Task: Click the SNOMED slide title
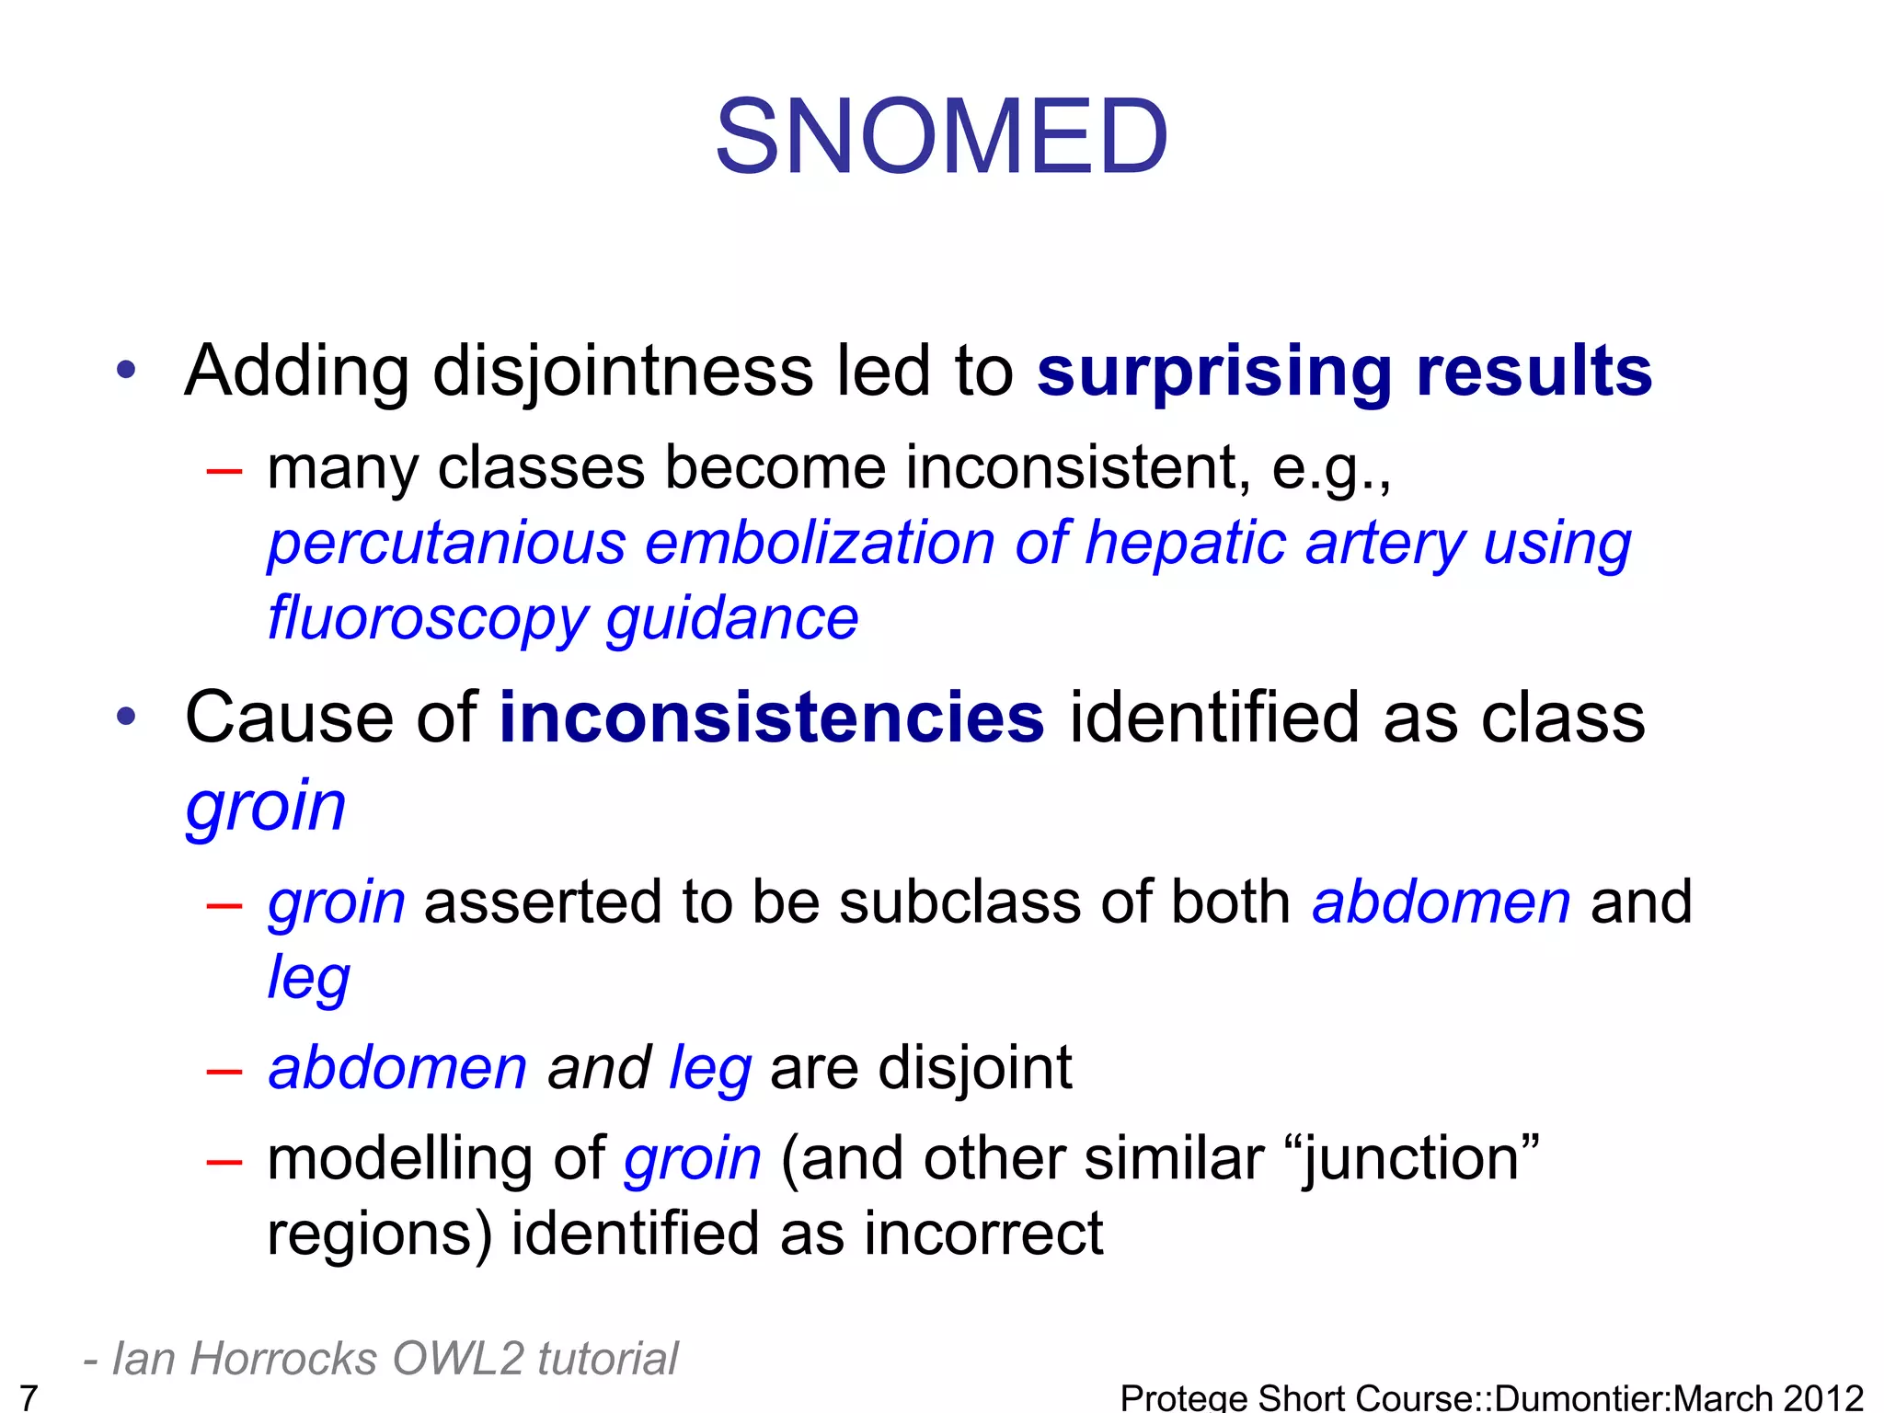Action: (941, 138)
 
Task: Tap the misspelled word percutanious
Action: (447, 543)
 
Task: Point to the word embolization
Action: (820, 543)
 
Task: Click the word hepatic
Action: (1185, 543)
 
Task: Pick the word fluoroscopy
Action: (426, 618)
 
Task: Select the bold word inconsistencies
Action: (771, 718)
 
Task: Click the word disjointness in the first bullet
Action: (623, 373)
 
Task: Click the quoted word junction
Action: (1420, 1159)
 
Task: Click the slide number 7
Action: (29, 1396)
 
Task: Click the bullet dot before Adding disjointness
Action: (126, 371)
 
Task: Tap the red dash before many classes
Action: (224, 472)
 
